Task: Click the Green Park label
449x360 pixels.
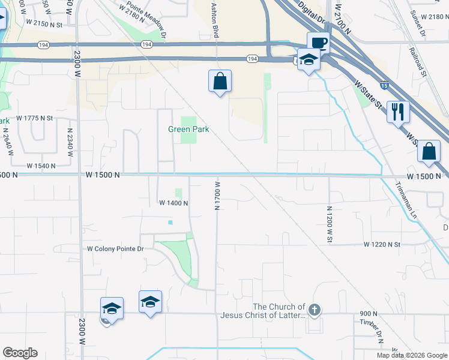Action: pyautogui.click(x=188, y=130)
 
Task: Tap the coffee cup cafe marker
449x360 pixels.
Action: pyautogui.click(x=319, y=43)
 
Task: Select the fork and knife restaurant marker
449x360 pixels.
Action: pyautogui.click(x=398, y=112)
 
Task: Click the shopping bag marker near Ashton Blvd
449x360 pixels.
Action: pyautogui.click(x=220, y=81)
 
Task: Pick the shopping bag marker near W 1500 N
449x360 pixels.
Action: pyautogui.click(x=429, y=152)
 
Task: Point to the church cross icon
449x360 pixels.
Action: pyautogui.click(x=315, y=310)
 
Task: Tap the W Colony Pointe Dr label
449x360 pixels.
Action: pyautogui.click(x=116, y=248)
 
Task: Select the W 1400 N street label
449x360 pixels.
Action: pyautogui.click(x=173, y=203)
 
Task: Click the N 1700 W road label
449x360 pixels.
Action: pyautogui.click(x=218, y=196)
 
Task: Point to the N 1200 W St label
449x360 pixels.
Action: pyautogui.click(x=329, y=224)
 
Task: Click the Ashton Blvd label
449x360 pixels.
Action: pyautogui.click(x=214, y=19)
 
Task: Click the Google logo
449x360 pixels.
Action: pyautogui.click(x=20, y=353)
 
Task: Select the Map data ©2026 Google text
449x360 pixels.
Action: pyautogui.click(x=411, y=355)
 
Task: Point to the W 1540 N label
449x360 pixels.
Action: pyautogui.click(x=41, y=165)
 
